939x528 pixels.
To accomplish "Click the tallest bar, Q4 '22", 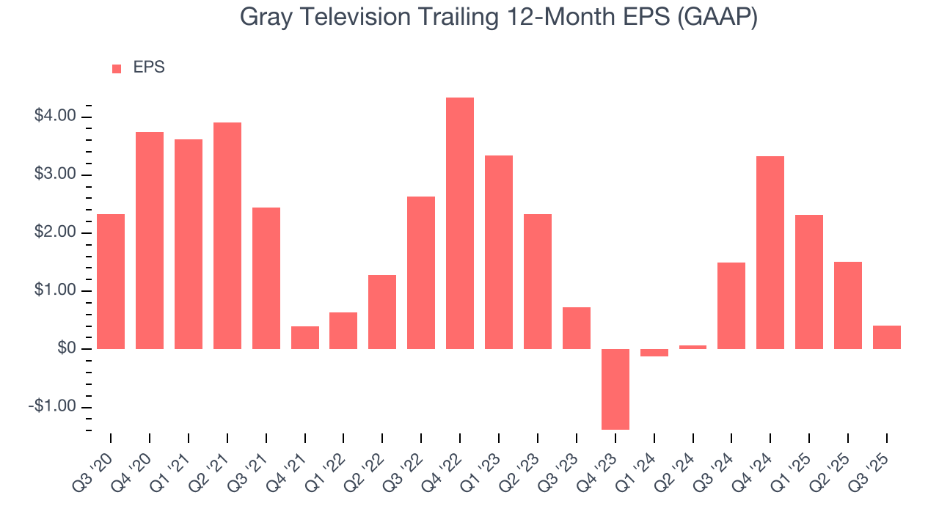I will [460, 223].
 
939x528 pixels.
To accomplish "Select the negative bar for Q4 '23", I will [615, 389].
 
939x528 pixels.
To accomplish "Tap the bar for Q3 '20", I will [111, 282].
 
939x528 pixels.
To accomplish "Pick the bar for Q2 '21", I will [227, 235].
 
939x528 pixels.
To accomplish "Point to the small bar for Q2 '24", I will [693, 347].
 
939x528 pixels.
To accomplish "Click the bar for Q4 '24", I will [770, 252].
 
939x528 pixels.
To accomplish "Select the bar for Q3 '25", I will [886, 337].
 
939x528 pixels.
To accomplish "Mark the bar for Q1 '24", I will [654, 353].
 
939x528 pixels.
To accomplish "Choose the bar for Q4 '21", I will [304, 337].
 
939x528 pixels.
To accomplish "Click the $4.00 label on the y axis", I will [55, 117].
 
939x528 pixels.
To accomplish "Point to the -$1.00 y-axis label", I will [53, 407].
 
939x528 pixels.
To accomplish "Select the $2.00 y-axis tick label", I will [55, 232].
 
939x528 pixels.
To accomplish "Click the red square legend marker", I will [117, 69].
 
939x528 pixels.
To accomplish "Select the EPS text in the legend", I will [149, 68].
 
